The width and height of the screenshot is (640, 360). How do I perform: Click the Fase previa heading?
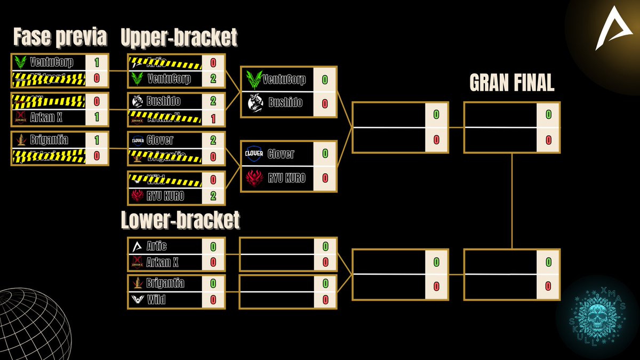[60, 38]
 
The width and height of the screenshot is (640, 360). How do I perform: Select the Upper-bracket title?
[179, 38]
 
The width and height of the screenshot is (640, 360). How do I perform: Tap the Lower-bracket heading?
[180, 220]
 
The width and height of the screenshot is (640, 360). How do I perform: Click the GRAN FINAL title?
[511, 83]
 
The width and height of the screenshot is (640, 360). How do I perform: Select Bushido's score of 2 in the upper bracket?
[213, 101]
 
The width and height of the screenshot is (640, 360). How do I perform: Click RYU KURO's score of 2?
[213, 196]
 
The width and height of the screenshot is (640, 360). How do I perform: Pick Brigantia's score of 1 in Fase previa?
[97, 140]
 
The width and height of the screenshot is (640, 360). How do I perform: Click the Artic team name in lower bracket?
[156, 246]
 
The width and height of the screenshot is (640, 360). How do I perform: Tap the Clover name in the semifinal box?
[281, 154]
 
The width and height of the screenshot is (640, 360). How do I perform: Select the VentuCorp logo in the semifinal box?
[255, 80]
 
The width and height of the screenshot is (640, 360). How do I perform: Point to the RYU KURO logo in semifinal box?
[255, 178]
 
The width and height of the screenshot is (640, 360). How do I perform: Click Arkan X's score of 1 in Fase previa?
[97, 116]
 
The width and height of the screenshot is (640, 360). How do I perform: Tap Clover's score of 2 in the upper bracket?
[213, 140]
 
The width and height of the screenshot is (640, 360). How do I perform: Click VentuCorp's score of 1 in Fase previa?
[97, 62]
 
